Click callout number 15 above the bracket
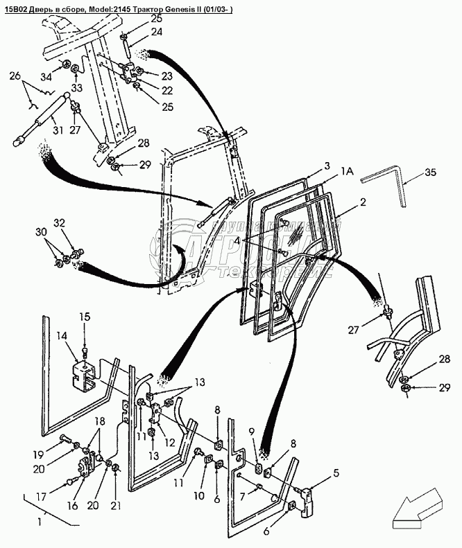pyautogui.click(x=84, y=317)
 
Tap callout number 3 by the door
pyautogui.click(x=326, y=166)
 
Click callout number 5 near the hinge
pyautogui.click(x=336, y=474)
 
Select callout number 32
pyautogui.click(x=59, y=223)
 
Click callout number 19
pyautogui.click(x=38, y=454)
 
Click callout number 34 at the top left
pyautogui.click(x=46, y=76)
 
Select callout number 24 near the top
pyautogui.click(x=157, y=32)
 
